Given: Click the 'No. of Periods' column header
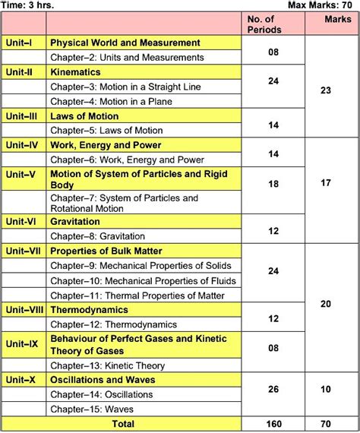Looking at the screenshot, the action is pyautogui.click(x=265, y=24).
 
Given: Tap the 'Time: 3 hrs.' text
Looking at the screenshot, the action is pyautogui.click(x=28, y=5).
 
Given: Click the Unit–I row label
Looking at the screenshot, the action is pyautogui.click(x=19, y=43).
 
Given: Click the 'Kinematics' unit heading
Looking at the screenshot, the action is pyautogui.click(x=76, y=72).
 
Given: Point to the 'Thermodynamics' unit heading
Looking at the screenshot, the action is pyautogui.click(x=89, y=310).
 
